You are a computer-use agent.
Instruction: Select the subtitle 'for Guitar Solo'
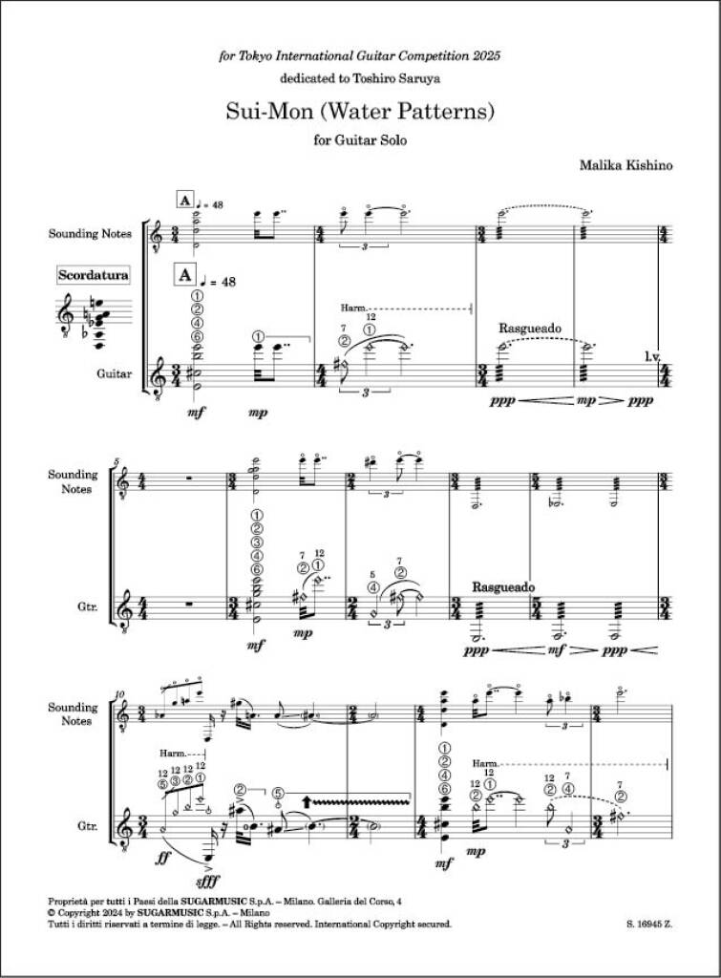pyautogui.click(x=360, y=142)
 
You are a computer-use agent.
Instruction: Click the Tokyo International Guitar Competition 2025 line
pyautogui.click(x=360, y=55)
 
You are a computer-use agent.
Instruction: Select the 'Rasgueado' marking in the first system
pyautogui.click(x=530, y=328)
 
